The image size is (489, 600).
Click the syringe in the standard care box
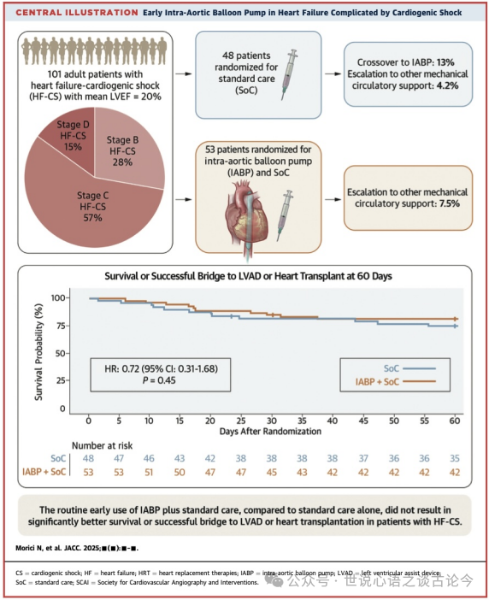click(290, 74)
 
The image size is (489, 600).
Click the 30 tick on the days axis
click(271, 421)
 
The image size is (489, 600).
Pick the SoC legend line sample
click(420, 368)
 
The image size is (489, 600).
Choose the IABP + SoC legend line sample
click(420, 381)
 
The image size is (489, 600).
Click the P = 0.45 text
click(159, 380)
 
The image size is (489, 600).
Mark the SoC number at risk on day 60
click(455, 458)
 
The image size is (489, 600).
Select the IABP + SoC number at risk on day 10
click(149, 472)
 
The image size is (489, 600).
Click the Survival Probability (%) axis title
click(38, 352)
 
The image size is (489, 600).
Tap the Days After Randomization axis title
click(270, 432)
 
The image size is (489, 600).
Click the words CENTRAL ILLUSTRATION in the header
click(77, 13)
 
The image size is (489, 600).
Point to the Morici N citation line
click(77, 549)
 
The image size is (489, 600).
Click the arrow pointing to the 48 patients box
click(184, 74)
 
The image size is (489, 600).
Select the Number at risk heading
click(103, 446)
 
